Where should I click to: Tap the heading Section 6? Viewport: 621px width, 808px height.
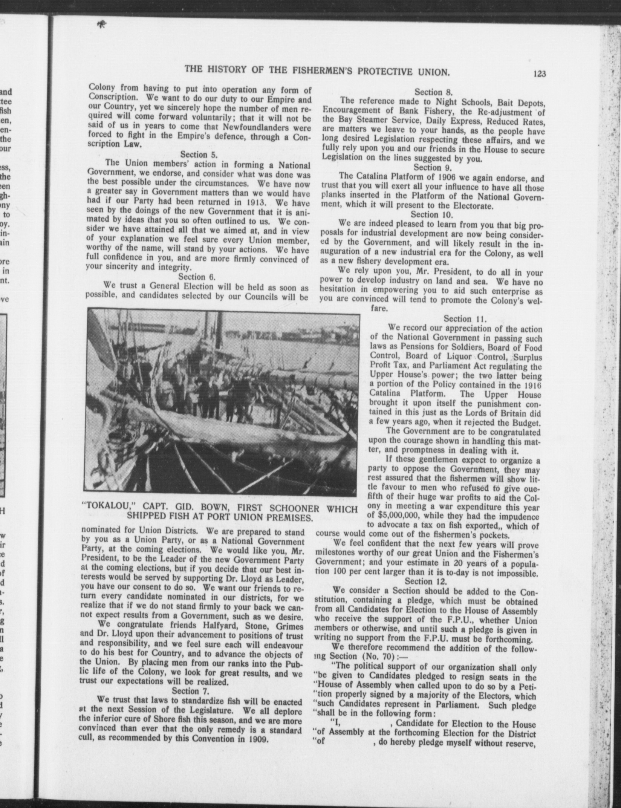click(x=197, y=277)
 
